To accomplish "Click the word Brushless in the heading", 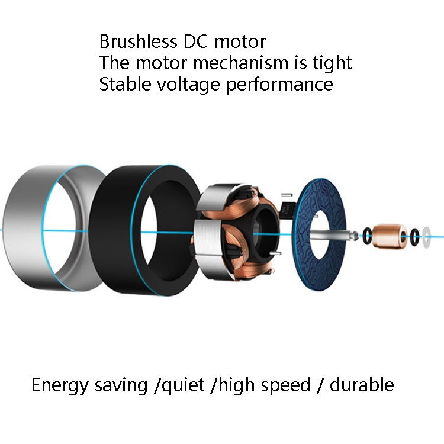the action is (138, 41).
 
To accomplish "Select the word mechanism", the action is (240, 63).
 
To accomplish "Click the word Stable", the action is (125, 84).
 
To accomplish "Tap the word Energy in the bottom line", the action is (60, 386).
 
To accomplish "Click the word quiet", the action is (183, 386).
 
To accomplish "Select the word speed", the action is (286, 386).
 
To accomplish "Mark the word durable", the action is (362, 385).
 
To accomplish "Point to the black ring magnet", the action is (113, 229).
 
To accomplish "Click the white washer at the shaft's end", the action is (426, 237).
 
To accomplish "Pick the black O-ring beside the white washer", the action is (415, 237).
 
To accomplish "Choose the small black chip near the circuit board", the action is (287, 210).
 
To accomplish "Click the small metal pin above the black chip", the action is (287, 195).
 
